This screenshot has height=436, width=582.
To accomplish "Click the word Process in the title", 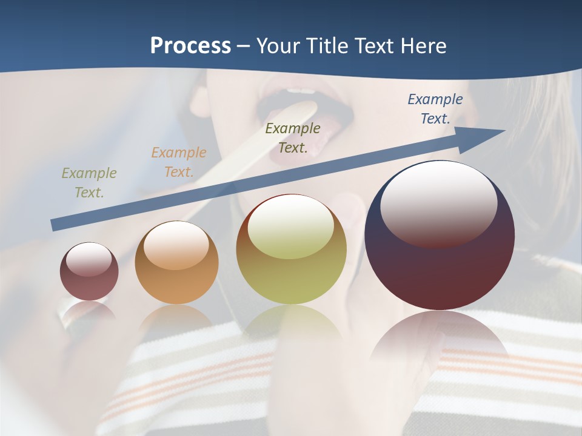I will pos(190,46).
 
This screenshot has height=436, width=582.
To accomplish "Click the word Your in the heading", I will pos(278,46).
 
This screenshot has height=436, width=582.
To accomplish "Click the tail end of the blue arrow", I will pos(55,225).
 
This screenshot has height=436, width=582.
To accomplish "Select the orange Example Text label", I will pos(178,162).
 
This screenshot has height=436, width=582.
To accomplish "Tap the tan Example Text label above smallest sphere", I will pos(89,183).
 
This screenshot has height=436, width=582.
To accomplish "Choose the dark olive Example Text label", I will pos(292,138).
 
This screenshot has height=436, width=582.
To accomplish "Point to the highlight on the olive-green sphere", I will pos(290,227).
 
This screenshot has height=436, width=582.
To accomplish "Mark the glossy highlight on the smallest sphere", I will pos(89,259).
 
